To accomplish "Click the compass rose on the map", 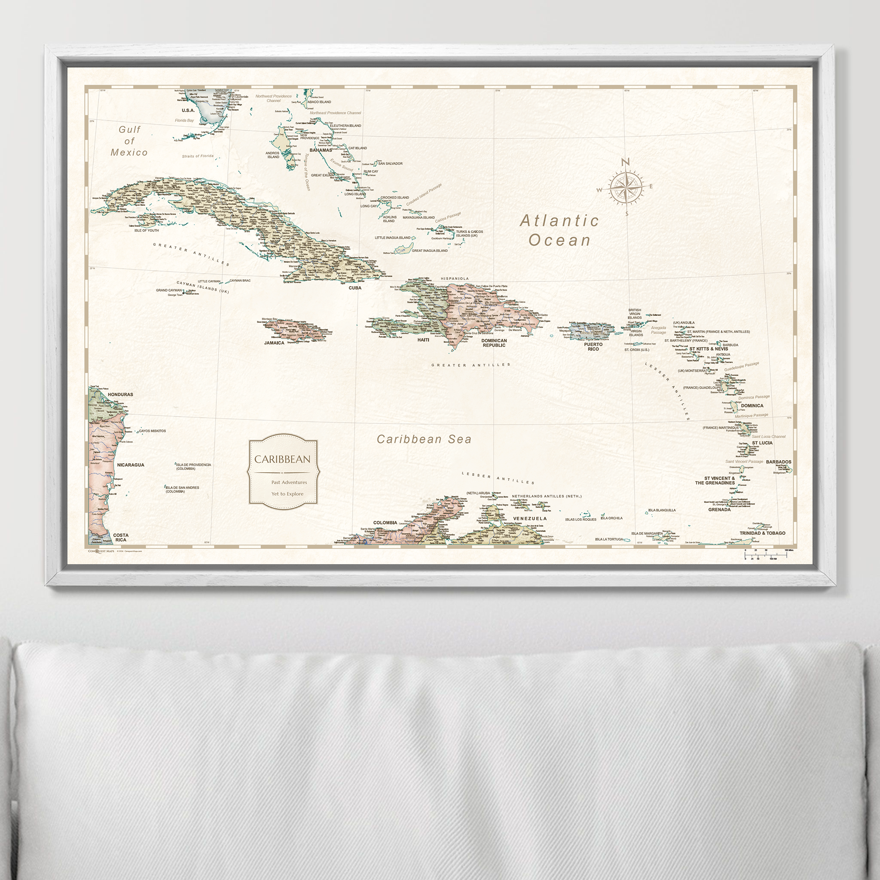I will click(626, 187).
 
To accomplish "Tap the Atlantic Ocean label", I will click(559, 230).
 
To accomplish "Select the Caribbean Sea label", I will click(424, 439).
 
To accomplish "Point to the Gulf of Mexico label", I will click(129, 141).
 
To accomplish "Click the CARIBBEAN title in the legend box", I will click(282, 459).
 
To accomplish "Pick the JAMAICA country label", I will click(274, 343).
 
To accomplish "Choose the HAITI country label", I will click(423, 340).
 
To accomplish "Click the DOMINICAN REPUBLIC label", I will click(494, 343).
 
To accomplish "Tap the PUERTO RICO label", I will click(593, 347).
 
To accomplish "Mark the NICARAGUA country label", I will click(131, 465).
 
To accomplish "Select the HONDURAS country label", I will click(120, 394).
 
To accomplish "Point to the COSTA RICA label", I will click(121, 538).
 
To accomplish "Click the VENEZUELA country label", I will click(530, 518).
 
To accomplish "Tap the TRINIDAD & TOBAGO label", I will click(762, 533).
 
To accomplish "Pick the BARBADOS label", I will click(779, 462).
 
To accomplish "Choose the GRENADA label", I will click(719, 510).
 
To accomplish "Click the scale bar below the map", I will click(766, 554).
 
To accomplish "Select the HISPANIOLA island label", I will click(455, 278).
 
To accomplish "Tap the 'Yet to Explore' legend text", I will click(287, 494).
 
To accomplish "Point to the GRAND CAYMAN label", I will click(169, 290).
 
